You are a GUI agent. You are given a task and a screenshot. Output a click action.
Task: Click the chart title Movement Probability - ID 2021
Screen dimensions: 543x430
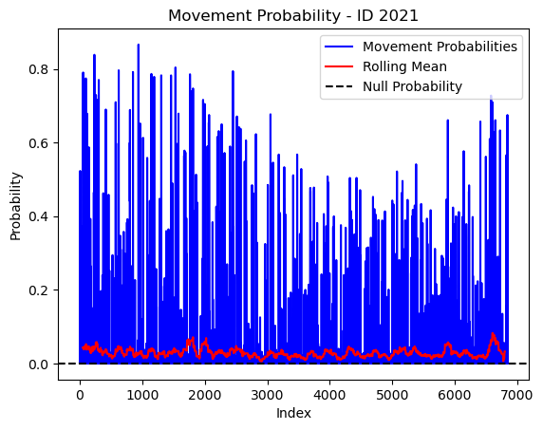[x=293, y=16]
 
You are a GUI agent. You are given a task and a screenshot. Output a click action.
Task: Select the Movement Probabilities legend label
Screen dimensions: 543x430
[x=440, y=47]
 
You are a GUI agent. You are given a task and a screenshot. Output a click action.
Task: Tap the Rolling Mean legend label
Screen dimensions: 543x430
[x=404, y=66]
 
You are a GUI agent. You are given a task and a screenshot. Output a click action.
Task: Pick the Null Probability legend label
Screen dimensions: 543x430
[x=412, y=86]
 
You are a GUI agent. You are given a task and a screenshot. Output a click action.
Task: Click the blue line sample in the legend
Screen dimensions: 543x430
[x=339, y=47]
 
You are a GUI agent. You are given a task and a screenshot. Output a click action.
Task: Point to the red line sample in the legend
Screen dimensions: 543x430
[x=339, y=66]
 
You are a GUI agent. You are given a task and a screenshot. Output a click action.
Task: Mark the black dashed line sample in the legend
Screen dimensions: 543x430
[x=339, y=86]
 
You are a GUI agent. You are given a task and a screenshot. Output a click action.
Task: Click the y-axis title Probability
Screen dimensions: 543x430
[x=15, y=206]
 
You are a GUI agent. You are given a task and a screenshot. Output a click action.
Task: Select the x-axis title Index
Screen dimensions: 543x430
[x=293, y=413]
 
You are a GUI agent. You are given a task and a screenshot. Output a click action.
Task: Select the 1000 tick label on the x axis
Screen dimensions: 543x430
[x=142, y=395]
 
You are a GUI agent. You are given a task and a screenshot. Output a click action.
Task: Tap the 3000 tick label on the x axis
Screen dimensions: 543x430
[x=268, y=395]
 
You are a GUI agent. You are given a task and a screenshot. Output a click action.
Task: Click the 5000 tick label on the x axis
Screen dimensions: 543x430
[x=392, y=395]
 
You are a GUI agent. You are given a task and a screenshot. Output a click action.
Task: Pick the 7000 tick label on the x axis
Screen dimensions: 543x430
[x=517, y=395]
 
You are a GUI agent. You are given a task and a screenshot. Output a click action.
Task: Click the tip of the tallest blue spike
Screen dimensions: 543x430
[x=139, y=45]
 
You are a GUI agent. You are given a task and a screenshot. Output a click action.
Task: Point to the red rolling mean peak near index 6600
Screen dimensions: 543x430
[x=493, y=333]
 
